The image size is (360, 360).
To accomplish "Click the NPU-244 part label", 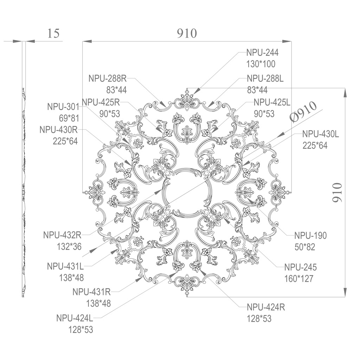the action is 262,53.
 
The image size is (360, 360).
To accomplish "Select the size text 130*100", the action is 261,64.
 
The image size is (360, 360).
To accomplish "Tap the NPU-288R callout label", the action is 108,78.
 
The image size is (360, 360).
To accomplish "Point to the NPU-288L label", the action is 265,78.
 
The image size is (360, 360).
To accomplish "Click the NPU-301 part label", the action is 63,107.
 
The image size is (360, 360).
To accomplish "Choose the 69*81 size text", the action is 69,118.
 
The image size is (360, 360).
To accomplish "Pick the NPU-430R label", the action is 59,129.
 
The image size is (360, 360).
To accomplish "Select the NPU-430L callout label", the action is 321,134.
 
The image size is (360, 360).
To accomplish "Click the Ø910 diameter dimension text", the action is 303,111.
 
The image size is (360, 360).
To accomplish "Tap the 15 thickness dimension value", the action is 53,33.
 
